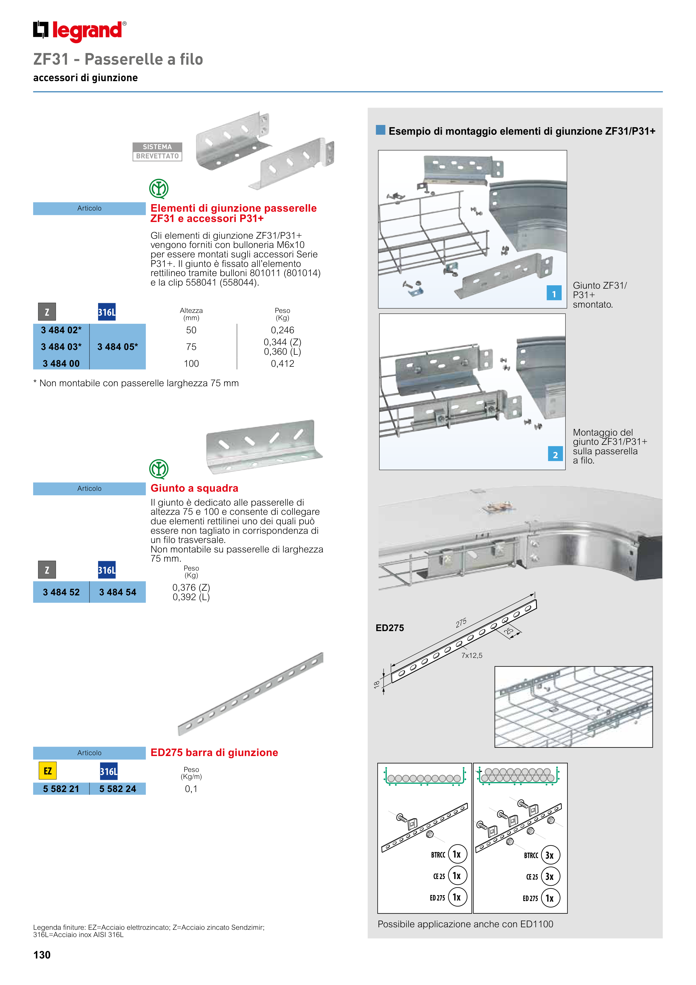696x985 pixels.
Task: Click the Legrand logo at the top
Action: point(80,31)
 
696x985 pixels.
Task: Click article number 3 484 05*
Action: point(118,347)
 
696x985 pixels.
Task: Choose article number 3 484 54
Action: point(118,592)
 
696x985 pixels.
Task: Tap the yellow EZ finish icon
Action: point(48,771)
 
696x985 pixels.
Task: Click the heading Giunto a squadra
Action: point(194,488)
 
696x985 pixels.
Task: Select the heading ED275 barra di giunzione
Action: point(214,752)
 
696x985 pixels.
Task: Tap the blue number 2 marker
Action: point(555,454)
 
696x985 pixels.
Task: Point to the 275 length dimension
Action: point(461,622)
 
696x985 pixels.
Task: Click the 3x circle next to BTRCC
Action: point(550,855)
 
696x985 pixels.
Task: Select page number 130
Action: point(42,955)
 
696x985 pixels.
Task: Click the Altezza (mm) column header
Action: point(191,314)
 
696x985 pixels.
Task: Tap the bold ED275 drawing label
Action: point(390,628)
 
